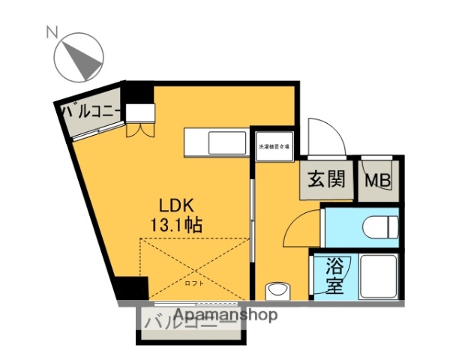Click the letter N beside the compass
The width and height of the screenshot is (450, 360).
[x=52, y=31]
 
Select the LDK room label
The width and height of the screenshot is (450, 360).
[x=176, y=205]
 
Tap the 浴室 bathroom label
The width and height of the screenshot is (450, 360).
[x=334, y=275]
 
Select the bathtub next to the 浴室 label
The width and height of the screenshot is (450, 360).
[x=378, y=276]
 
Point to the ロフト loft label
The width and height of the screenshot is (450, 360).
[x=194, y=283]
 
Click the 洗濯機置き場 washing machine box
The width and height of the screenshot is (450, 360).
[x=275, y=146]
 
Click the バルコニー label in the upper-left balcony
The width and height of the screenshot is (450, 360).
[x=91, y=112]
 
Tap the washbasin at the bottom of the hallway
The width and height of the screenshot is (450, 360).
[x=277, y=289]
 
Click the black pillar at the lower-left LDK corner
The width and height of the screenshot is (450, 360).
[x=132, y=289]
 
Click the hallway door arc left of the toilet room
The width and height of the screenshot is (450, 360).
[x=303, y=229]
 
